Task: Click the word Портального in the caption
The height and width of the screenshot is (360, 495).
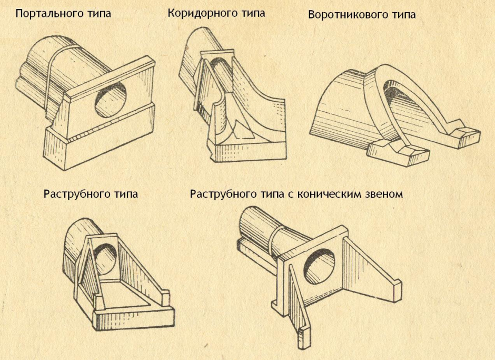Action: click(x=48, y=14)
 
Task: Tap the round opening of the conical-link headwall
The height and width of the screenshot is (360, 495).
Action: click(x=319, y=265)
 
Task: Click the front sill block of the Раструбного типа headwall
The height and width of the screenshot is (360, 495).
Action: click(x=134, y=317)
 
